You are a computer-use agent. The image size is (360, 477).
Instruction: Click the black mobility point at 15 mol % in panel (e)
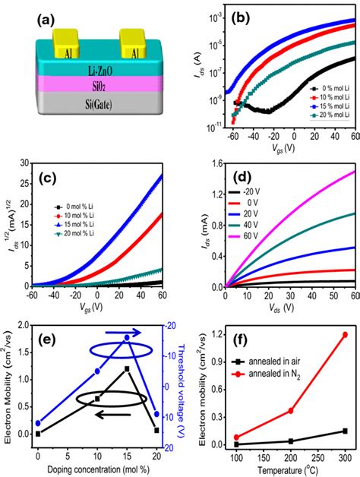tap(127, 368)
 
